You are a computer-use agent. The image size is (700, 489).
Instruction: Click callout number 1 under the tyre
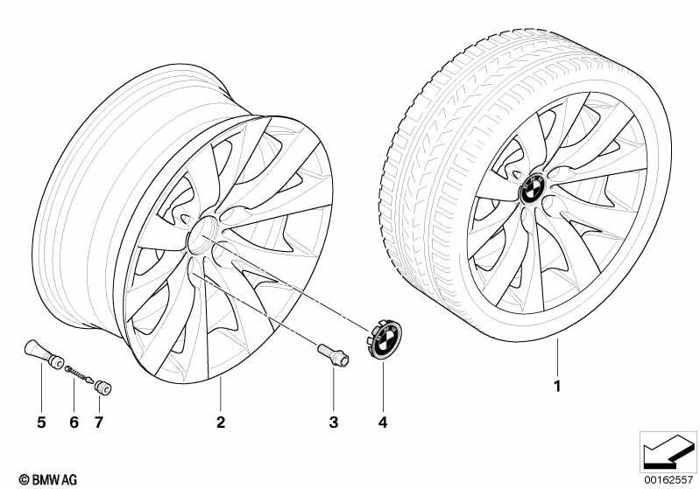point(556,386)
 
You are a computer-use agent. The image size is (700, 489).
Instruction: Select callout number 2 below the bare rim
point(221,422)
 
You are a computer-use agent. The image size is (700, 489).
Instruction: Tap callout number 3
point(334,422)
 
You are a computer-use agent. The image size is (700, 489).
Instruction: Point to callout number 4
point(383,422)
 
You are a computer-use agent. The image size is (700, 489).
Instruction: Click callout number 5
point(41,422)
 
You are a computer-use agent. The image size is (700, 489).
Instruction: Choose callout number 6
point(74,422)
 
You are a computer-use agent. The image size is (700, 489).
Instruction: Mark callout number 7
point(99,422)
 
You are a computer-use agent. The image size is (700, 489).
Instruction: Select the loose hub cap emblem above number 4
point(385,339)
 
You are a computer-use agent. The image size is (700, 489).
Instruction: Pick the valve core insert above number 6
point(80,374)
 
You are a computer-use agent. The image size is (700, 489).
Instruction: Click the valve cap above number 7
point(103,387)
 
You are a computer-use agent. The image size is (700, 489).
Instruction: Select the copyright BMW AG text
point(48,479)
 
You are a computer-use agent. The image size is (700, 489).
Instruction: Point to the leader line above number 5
point(41,388)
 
